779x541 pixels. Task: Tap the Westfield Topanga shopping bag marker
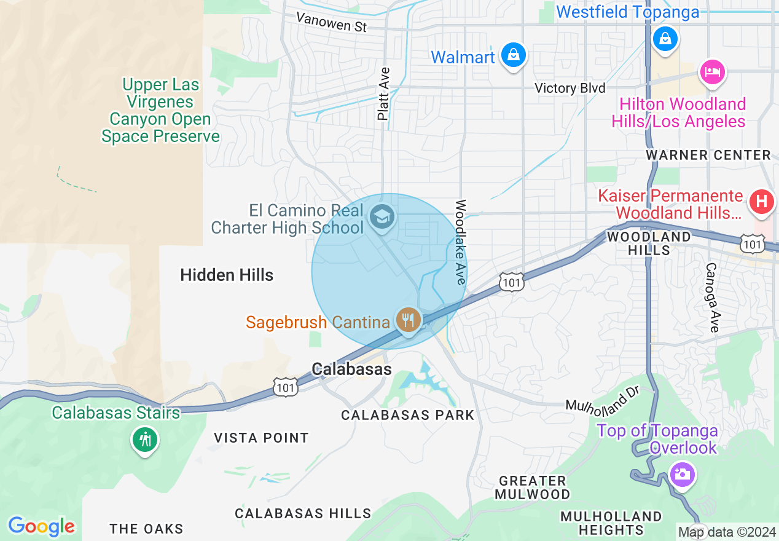point(665,39)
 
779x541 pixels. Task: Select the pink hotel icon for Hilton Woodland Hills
point(711,71)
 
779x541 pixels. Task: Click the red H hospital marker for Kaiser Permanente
point(761,202)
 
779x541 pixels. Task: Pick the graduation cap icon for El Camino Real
point(382,217)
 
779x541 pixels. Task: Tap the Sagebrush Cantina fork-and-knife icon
point(408,320)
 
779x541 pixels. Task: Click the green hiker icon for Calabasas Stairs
point(145,440)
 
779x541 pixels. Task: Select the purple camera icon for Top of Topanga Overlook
point(682,475)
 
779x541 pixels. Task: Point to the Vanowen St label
point(331,23)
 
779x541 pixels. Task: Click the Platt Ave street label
point(384,93)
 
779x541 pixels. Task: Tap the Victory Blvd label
point(570,88)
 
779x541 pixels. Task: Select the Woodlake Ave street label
point(460,242)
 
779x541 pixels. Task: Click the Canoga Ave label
point(711,298)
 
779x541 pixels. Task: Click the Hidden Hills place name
point(227,275)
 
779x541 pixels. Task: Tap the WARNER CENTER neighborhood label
point(708,155)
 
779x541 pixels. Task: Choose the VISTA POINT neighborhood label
point(261,438)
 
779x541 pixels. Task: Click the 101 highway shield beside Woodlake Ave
point(511,282)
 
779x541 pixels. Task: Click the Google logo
point(41,526)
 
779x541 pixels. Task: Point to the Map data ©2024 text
point(727,532)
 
